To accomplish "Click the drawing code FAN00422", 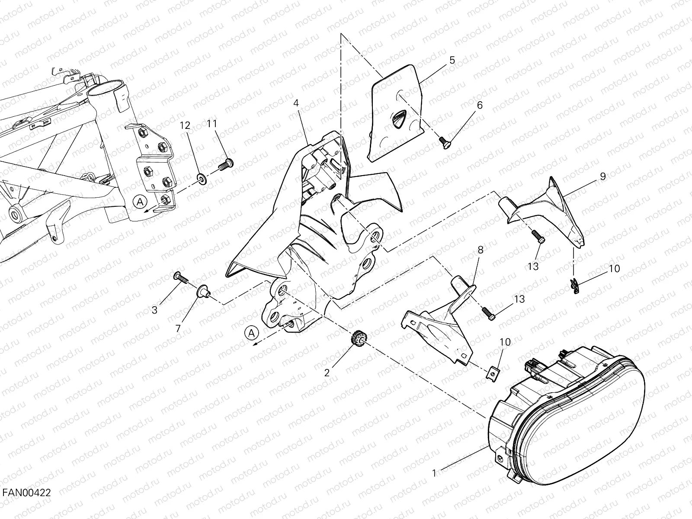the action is [26, 493].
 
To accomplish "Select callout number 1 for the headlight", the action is [434, 473].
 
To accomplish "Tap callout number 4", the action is [296, 103].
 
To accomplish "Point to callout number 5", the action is [452, 60].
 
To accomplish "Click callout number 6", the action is [480, 105].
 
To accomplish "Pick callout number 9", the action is [603, 176].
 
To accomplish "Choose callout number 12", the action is [185, 125].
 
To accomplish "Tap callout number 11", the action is [212, 124].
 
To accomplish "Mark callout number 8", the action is [481, 250].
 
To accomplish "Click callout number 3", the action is [154, 310].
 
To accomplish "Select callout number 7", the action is [178, 329].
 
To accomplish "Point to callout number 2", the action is [327, 373].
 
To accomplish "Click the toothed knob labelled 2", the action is [358, 339].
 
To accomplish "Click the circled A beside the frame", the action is [140, 202].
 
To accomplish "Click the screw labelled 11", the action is [225, 165].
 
